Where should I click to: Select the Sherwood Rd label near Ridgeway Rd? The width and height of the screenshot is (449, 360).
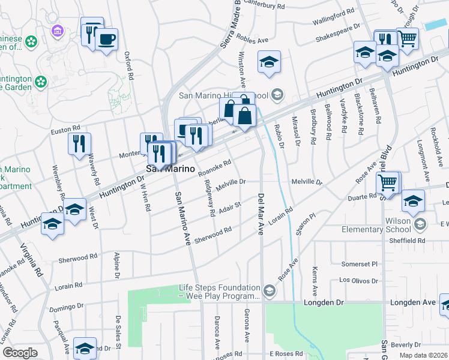click(x=213, y=234)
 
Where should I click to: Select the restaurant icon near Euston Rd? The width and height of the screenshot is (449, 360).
click(x=79, y=144)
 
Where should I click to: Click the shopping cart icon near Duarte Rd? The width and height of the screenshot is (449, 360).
click(x=389, y=182)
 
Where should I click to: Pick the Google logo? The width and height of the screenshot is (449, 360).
click(x=20, y=353)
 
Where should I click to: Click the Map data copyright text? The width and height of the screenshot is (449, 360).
click(x=424, y=355)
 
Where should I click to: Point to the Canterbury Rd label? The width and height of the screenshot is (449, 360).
click(x=281, y=6)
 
